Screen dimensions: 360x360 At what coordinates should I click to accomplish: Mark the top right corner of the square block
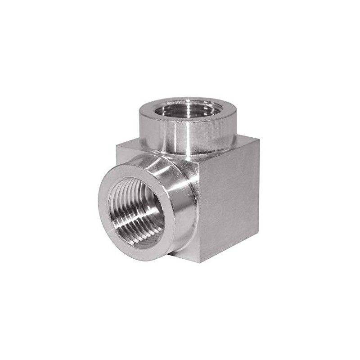click(259, 139)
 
